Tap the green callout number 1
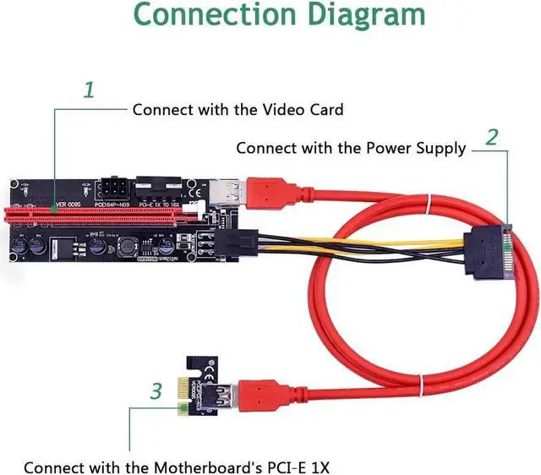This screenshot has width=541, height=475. (x=89, y=90)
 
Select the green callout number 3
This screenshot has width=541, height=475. (x=156, y=391)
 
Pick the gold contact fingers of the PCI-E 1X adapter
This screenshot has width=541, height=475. (x=180, y=412)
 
